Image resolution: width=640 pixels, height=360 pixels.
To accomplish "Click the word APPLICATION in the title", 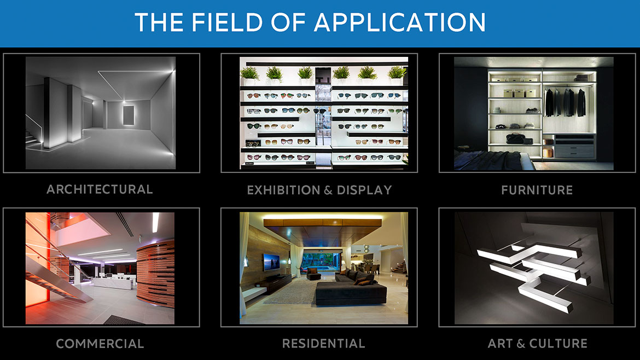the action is coord(400,22).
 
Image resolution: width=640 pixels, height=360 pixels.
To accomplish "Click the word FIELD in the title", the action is coord(227,22).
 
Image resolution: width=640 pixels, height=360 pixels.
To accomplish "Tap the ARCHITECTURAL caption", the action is coord(100,189).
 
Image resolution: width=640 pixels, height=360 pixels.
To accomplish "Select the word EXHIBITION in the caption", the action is coord(284,190).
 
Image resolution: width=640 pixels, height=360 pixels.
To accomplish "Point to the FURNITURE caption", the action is coord(537,190).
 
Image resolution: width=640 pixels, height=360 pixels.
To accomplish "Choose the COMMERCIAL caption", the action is coord(100,344).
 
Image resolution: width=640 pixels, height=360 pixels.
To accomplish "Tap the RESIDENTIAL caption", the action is coord(324,344).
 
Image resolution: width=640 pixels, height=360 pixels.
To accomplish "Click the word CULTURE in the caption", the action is coord(558,344).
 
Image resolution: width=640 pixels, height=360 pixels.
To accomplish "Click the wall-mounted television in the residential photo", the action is coord(271,262).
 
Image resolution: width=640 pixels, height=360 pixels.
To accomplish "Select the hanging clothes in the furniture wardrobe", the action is coord(565,102).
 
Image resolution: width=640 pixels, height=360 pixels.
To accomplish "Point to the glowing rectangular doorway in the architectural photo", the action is coord(129,115).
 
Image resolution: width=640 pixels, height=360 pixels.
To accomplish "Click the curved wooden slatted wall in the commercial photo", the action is coord(155,274).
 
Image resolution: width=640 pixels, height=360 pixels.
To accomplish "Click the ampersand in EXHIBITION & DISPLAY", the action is coord(329,190).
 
